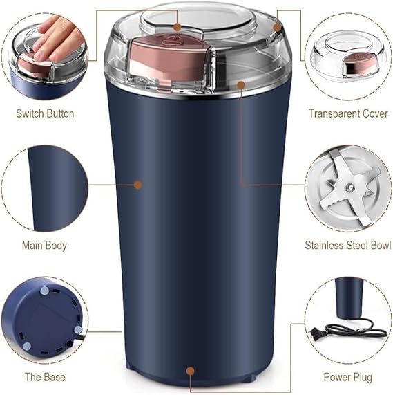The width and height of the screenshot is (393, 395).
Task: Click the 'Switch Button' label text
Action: pos(45,113)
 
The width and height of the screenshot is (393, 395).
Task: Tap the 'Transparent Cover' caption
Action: pos(347,113)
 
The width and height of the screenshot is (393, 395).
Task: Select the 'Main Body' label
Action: pos(45,245)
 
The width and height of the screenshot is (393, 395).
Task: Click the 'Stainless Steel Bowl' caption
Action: pos(348,245)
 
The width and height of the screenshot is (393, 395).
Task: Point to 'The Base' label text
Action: pos(45,377)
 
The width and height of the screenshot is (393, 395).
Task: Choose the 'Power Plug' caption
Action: pos(348,377)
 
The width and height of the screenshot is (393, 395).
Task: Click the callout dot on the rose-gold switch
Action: pos(178,27)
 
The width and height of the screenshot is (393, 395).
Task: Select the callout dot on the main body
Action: pos(137,185)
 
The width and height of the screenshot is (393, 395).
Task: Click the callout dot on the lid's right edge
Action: pos(277,27)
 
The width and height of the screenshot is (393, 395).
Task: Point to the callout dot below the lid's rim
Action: pos(241,84)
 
